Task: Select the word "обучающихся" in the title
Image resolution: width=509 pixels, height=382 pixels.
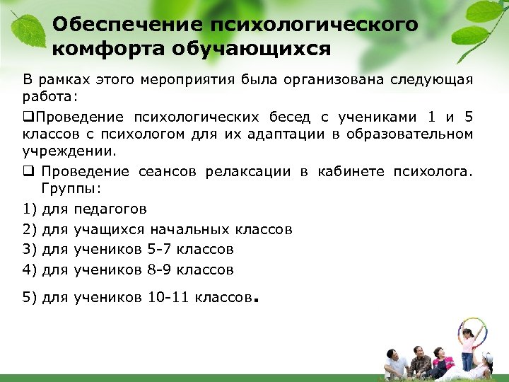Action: pyautogui.click(x=252, y=50)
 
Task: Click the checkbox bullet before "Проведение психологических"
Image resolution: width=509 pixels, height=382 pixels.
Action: pyautogui.click(x=28, y=117)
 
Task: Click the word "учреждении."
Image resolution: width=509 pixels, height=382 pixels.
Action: pyautogui.click(x=59, y=151)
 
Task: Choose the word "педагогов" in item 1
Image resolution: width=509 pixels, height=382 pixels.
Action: pyautogui.click(x=110, y=209)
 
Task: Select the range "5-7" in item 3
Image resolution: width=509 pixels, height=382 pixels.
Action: pyautogui.click(x=160, y=249)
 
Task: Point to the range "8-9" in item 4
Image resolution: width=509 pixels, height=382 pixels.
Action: pyautogui.click(x=160, y=270)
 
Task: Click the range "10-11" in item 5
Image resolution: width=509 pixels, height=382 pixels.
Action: pyautogui.click(x=165, y=298)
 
